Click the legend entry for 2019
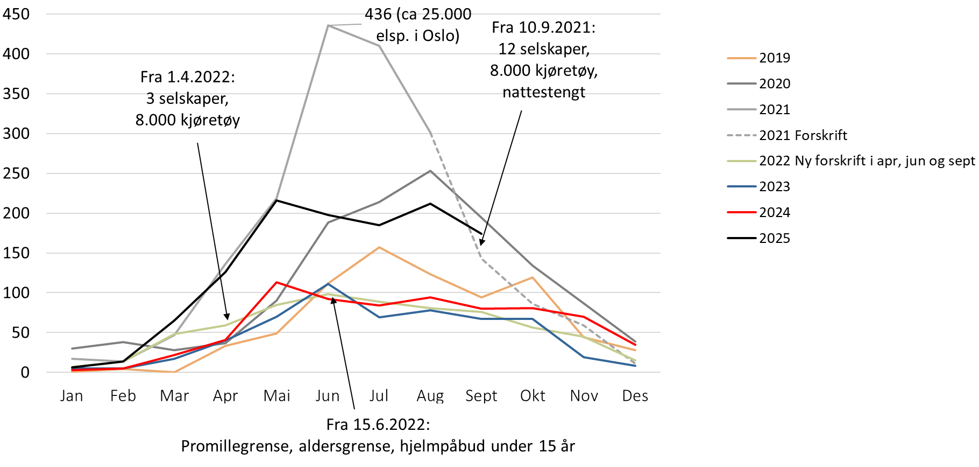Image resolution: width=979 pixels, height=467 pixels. click(774, 58)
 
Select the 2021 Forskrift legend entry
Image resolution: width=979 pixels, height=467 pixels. click(803, 135)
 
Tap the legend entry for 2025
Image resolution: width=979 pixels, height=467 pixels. click(774, 238)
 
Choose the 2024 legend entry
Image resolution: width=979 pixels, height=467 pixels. click(774, 212)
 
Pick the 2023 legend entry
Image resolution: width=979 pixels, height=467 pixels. click(774, 186)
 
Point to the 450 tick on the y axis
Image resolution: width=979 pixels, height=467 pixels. click(16, 14)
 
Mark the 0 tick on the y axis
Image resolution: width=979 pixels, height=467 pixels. click(25, 372)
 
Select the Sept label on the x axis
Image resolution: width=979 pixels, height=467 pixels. click(481, 396)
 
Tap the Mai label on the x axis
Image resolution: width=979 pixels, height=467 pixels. click(276, 396)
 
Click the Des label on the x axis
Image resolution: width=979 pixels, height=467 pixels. click(635, 396)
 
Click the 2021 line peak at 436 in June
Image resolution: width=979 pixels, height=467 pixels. click(328, 25)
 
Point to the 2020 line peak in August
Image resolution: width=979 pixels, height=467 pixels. click(430, 171)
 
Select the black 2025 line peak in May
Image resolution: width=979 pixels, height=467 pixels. click(276, 200)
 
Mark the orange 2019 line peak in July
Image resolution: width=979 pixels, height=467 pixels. click(379, 247)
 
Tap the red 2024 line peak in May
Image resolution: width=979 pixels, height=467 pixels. click(276, 282)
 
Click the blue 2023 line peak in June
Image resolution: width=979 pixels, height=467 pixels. click(328, 284)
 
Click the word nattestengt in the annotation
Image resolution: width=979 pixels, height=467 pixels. click(544, 92)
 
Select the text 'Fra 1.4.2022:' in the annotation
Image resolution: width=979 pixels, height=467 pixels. click(188, 77)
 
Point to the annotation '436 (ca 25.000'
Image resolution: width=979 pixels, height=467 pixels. click(418, 15)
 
